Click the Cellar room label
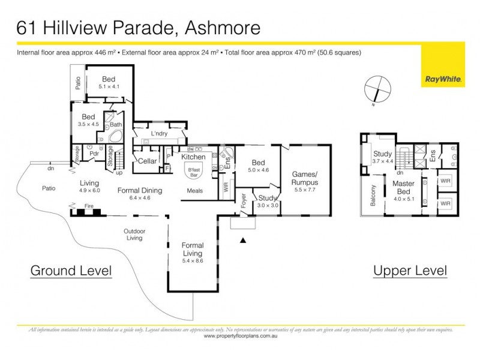147,161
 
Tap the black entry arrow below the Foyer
242,241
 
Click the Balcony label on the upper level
373,195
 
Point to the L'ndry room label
158,133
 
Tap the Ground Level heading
71,271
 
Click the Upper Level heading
410,271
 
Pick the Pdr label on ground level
94,153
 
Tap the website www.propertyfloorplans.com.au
239,337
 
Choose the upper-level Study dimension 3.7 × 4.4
383,161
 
